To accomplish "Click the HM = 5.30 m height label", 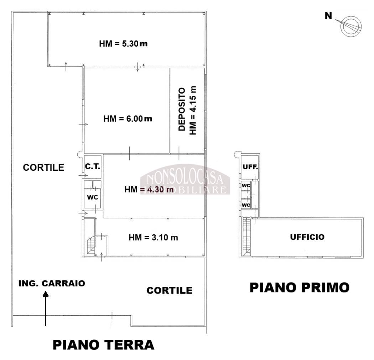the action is pyautogui.click(x=123, y=44).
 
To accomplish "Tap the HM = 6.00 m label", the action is pyautogui.click(x=128, y=119).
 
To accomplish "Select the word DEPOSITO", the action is pyautogui.click(x=182, y=109).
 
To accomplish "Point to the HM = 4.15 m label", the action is pyautogui.click(x=193, y=111).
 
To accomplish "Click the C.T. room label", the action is pyautogui.click(x=93, y=166).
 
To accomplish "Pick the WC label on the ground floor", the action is pyautogui.click(x=92, y=197).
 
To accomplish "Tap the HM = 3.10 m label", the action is pyautogui.click(x=154, y=238).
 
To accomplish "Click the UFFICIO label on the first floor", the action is pyautogui.click(x=307, y=237).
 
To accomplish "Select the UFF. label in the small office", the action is pyautogui.click(x=250, y=167).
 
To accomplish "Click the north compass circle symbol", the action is pyautogui.click(x=350, y=26).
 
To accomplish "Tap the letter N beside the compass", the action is pyautogui.click(x=328, y=16).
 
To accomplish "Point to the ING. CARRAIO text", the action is pyautogui.click(x=52, y=283).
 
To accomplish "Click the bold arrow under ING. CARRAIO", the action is pyautogui.click(x=45, y=308).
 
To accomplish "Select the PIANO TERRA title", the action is pyautogui.click(x=103, y=344).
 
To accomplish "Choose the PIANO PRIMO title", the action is pyautogui.click(x=299, y=287).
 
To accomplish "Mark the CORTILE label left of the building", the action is pyautogui.click(x=43, y=168).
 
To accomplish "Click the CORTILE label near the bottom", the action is pyautogui.click(x=169, y=290).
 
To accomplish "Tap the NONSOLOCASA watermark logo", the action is pyautogui.click(x=185, y=179).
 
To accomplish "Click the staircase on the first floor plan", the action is pyautogui.click(x=246, y=236).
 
